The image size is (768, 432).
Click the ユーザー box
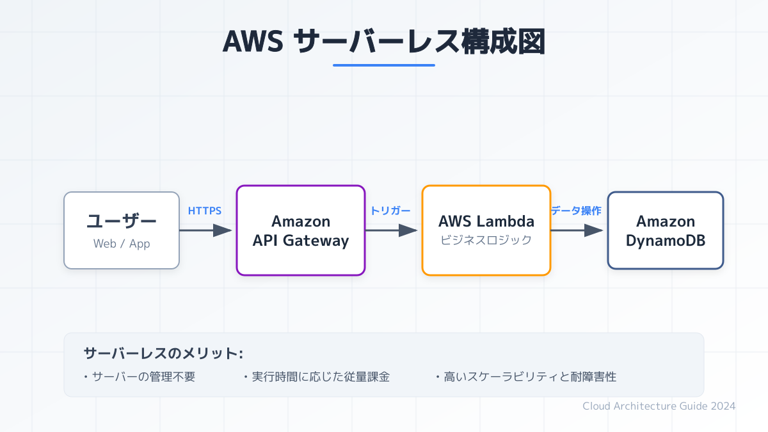point(122,230)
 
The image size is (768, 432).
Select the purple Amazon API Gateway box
point(301,230)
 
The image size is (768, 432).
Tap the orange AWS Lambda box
point(486,230)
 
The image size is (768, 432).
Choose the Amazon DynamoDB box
point(666,230)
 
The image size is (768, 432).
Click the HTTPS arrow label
point(205,211)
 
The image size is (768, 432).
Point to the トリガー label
point(390,211)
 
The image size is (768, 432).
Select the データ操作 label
point(576,211)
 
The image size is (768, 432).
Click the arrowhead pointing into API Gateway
point(222,230)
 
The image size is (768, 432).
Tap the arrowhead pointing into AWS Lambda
point(408,230)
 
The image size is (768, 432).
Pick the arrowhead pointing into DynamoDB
point(593,230)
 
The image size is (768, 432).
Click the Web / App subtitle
point(122,244)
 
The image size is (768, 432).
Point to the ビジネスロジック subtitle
point(486,240)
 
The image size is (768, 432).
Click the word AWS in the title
point(253,42)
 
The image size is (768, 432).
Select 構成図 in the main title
point(503,42)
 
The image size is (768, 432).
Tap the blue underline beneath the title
point(384,65)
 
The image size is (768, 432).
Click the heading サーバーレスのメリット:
point(164,353)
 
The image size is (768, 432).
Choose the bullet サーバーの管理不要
point(140,377)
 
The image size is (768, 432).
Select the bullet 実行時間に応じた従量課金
point(317,377)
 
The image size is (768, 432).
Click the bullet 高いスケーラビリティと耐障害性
point(526,377)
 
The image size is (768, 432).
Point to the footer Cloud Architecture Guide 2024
point(659,406)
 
